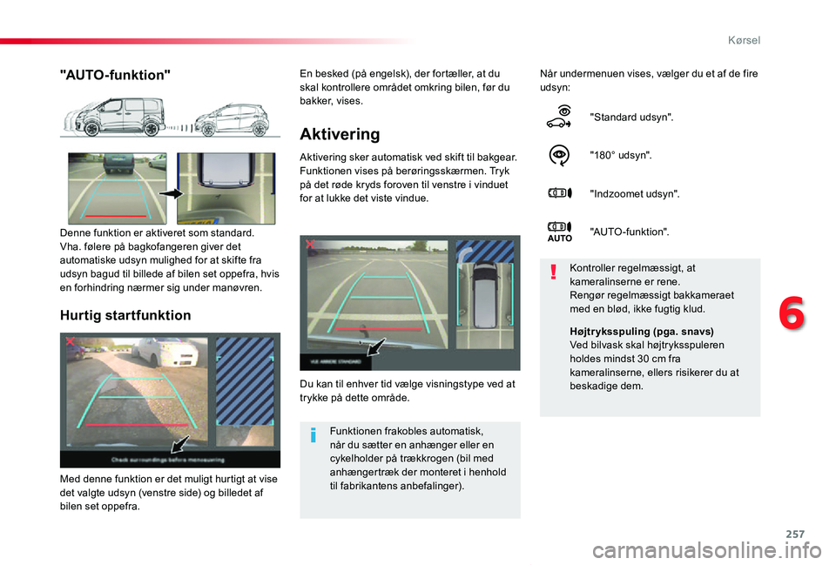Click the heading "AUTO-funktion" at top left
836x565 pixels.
[114, 75]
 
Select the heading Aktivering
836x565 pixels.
[339, 134]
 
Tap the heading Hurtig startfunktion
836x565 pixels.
[125, 315]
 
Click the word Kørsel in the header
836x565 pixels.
[743, 40]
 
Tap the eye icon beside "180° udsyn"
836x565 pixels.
[561, 155]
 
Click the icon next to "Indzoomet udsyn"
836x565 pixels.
[561, 193]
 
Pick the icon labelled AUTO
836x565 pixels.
[560, 231]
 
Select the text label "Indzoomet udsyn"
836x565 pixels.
[634, 193]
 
